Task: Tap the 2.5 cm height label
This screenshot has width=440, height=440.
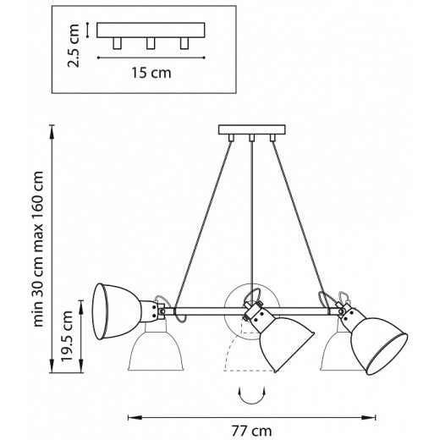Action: pyautogui.click(x=75, y=46)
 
